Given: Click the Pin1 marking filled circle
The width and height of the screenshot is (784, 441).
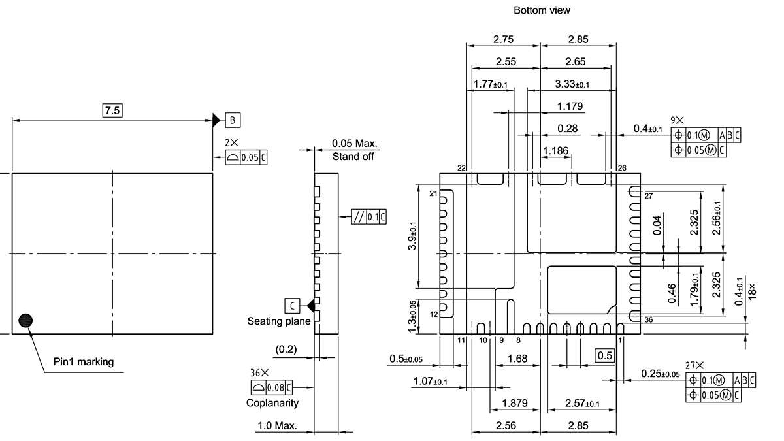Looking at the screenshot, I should coord(26,320).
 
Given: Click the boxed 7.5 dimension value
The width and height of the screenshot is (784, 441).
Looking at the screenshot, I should coord(112,110).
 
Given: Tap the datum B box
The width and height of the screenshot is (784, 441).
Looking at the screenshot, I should coord(233,120).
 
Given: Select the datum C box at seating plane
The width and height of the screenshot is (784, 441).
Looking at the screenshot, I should coord(292,305).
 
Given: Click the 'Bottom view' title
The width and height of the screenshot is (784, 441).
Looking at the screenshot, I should coord(542,10).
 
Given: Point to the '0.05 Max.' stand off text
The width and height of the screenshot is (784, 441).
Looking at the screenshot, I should coord(355,144).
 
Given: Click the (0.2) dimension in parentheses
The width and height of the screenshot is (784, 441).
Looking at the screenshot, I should coord(286,350).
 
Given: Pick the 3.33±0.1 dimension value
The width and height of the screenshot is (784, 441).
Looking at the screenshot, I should coord(572,84).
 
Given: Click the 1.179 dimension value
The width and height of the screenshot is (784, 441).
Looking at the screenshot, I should coord(570,106).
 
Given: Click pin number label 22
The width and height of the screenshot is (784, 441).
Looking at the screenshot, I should coord(461,168).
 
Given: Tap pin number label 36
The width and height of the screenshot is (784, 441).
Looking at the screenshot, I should coord(648,319).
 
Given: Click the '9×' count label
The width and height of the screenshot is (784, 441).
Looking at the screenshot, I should coord(678,120).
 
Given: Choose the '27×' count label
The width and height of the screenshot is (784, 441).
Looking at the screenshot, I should coord(694,365).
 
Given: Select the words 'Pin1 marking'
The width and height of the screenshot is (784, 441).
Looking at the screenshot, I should coord(83,362).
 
